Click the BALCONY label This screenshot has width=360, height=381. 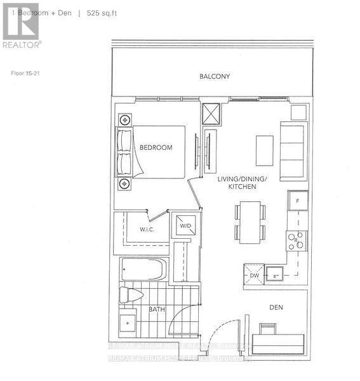pyautogui.click(x=214, y=77)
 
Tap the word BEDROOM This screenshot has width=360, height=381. pyautogui.click(x=156, y=147)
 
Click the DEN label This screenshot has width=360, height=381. pyautogui.click(x=275, y=307)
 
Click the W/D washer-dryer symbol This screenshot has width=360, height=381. pyautogui.click(x=185, y=225)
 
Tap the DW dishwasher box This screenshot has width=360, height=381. pyautogui.click(x=254, y=274)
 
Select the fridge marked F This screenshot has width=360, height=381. pyautogui.click(x=297, y=201)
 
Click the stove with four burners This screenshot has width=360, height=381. pyautogui.click(x=296, y=241)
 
